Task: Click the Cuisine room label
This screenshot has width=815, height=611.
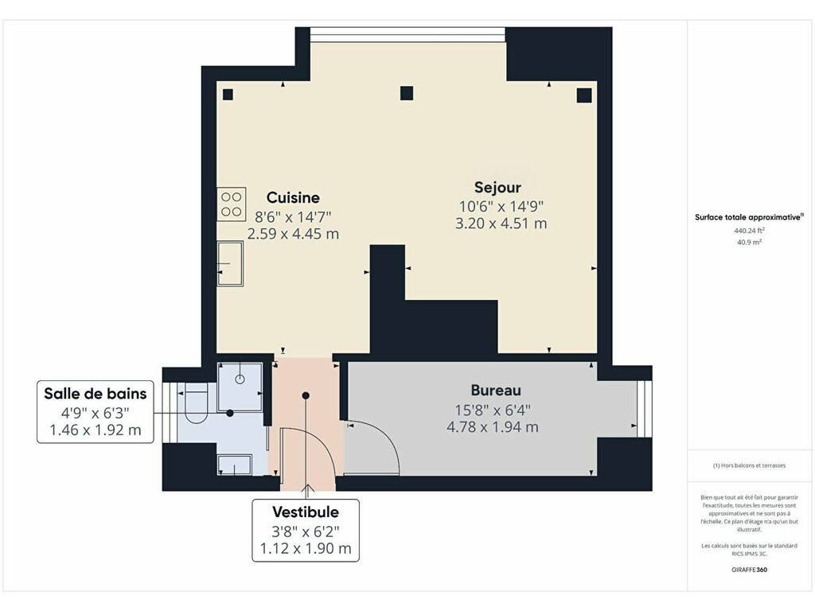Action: pos(293,197)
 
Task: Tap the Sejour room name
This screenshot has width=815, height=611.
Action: pos(497,188)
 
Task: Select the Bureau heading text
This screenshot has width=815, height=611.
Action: pos(496,390)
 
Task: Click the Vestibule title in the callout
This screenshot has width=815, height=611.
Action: pos(306,512)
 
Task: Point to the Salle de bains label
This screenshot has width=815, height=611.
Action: pos(96,394)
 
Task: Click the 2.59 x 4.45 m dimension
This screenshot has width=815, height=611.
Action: pos(293,235)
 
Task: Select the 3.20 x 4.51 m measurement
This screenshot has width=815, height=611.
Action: pos(501,224)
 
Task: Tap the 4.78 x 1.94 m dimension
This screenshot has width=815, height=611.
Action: pos(492,427)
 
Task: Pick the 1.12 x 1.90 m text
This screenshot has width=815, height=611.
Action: pos(306,549)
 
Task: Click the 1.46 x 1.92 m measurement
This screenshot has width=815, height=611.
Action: pos(96,430)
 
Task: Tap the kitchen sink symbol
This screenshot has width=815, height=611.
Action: pos(230,263)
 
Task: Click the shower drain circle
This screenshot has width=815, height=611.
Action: pos(240,379)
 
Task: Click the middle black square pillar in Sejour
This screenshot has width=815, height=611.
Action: pos(407,94)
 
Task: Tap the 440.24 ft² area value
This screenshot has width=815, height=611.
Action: pos(749,231)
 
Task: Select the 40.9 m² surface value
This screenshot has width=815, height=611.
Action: pos(749,242)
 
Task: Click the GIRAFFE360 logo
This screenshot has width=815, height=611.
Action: pos(749,570)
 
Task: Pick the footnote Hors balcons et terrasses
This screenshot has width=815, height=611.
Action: pos(749,465)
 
